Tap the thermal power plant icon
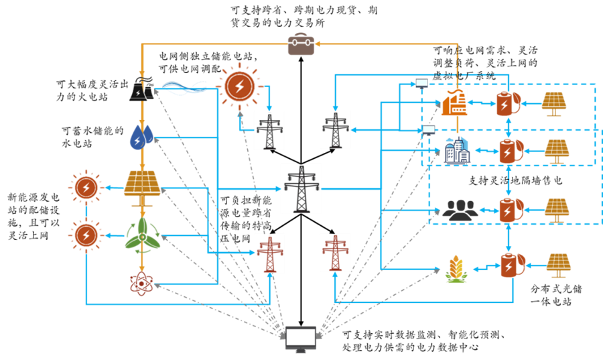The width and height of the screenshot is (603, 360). tap(141, 90)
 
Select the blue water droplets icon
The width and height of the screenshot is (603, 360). tap(141, 137)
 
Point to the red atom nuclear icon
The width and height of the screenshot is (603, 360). tap(141, 284)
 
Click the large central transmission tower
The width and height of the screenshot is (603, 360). tap(301, 189)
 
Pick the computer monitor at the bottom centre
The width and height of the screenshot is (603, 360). tap(301, 339)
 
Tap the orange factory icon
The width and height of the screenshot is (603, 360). tap(454, 103)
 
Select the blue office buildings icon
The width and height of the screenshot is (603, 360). tap(457, 150)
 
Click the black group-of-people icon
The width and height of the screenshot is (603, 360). tap(460, 210)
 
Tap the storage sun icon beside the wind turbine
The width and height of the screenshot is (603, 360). tap(86, 235)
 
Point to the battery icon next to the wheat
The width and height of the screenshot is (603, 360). tap(513, 265)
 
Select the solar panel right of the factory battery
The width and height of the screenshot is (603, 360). tap(554, 103)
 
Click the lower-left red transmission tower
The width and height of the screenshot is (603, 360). tap(270, 254)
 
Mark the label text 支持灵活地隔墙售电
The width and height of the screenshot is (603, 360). tap(515, 180)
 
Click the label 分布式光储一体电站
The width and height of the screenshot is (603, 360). tap(556, 295)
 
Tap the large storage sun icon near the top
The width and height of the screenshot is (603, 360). tap(240, 86)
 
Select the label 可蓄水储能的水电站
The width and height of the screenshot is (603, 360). tap(93, 137)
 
